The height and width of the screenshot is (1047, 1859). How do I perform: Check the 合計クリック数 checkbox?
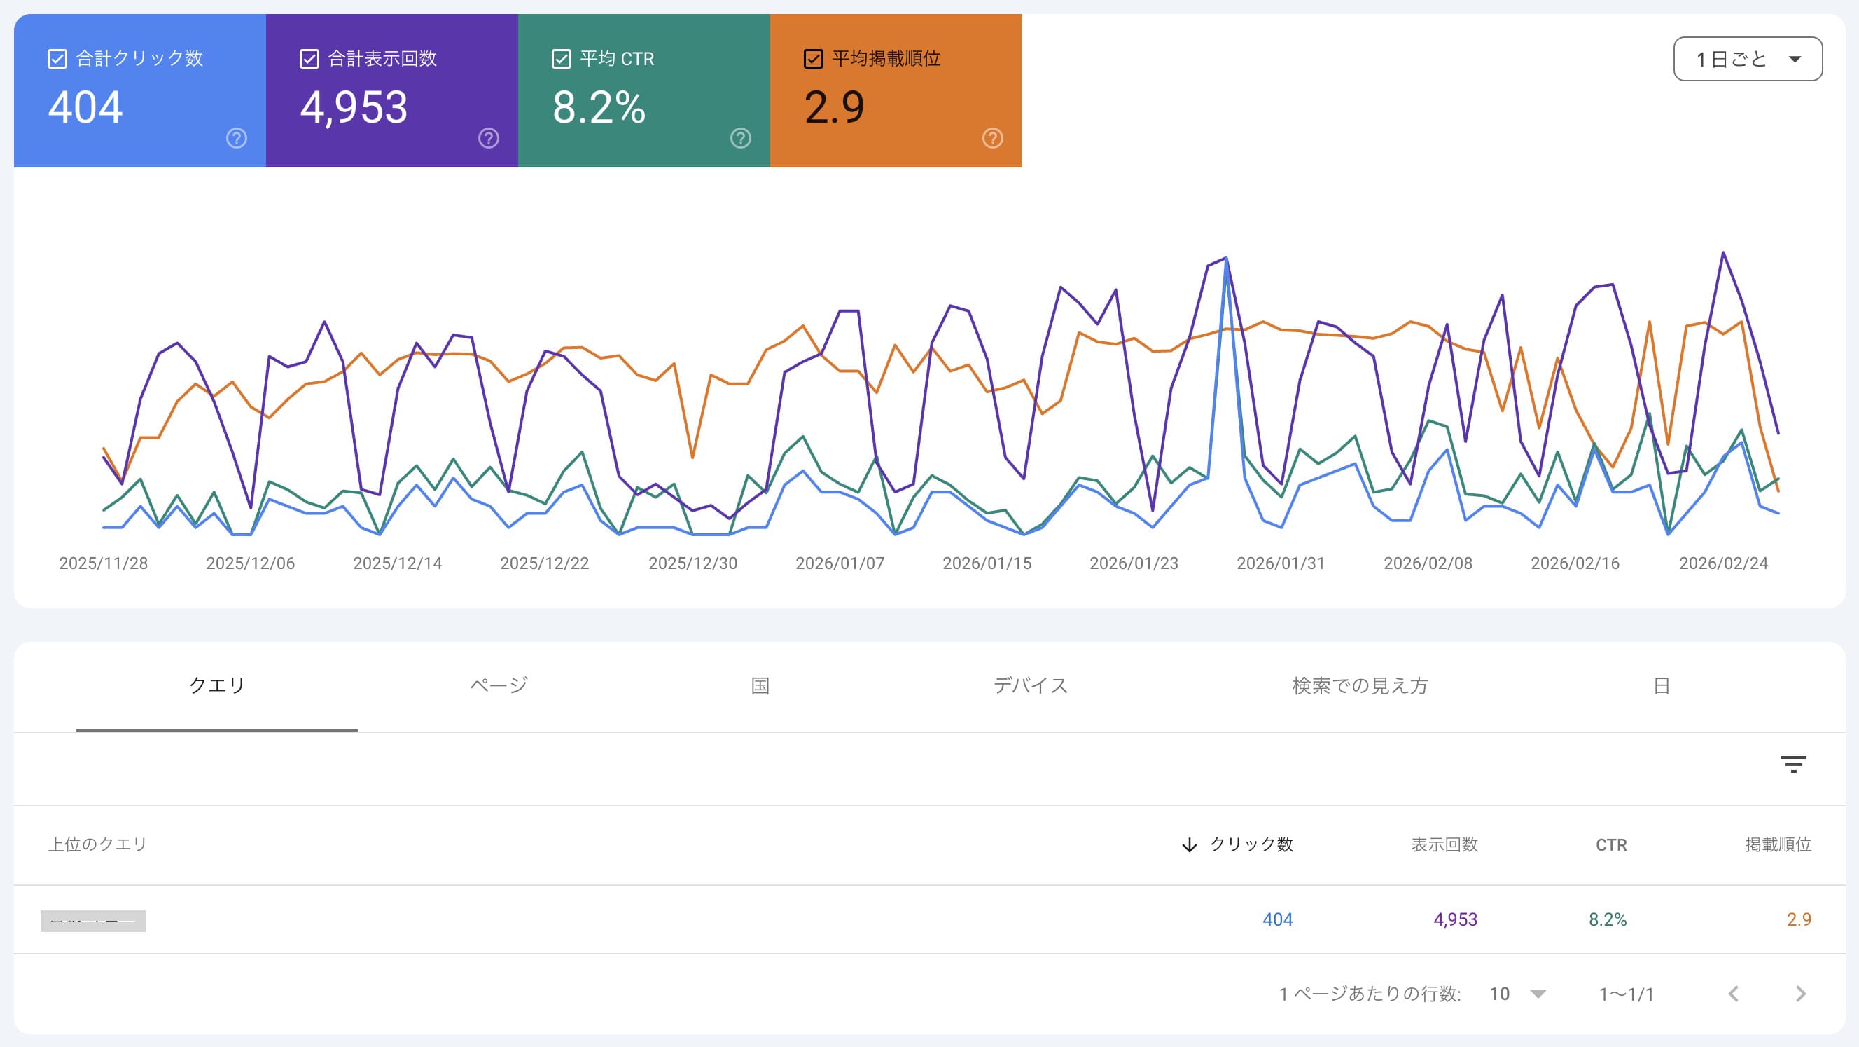coord(57,58)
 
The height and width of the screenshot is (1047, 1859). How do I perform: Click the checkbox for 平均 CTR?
coord(561,58)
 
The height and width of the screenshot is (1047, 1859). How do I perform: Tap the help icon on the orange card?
coord(992,138)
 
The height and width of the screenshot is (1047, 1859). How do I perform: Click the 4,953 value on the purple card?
coord(354,108)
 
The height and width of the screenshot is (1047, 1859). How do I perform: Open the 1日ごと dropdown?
coord(1747,59)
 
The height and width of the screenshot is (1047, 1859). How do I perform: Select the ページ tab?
coord(499,685)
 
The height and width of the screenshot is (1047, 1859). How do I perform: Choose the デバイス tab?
coord(1030,685)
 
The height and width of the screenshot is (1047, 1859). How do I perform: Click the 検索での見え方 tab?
coord(1360,685)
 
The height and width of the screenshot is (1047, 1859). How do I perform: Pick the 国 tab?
coord(760,685)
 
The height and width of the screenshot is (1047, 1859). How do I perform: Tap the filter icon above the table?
coord(1792,764)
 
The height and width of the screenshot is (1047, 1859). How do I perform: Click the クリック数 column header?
coord(1251,844)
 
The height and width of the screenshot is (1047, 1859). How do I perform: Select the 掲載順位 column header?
coord(1778,844)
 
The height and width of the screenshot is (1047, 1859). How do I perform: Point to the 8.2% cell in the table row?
coord(1607,919)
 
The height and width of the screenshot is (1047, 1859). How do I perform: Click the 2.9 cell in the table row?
coord(1798,919)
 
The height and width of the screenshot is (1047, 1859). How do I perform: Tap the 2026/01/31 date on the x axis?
coord(1280,563)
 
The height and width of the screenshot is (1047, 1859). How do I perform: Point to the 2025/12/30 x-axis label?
coord(692,563)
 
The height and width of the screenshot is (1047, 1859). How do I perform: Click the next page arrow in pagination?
coord(1799,994)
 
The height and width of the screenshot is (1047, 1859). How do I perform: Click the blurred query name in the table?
coord(93,921)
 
